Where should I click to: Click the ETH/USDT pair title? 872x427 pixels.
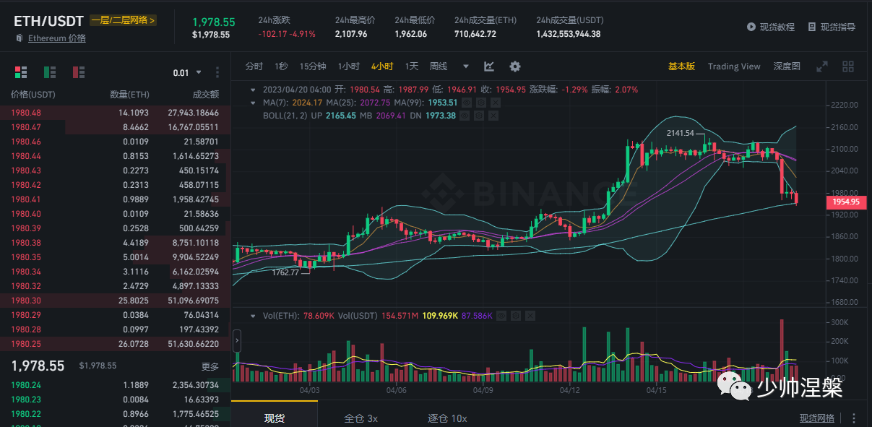point(49,21)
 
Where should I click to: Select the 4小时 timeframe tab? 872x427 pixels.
point(382,66)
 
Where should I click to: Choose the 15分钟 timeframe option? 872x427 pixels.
point(313,66)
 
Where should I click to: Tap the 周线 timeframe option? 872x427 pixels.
point(439,66)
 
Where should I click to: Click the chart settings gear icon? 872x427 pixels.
point(515,66)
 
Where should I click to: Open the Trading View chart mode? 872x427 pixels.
point(734,66)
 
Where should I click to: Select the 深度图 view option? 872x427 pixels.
point(787,66)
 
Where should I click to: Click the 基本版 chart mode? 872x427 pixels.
point(681,66)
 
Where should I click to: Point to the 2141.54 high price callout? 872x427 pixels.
point(680,133)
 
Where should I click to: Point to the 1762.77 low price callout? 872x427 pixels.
point(285,272)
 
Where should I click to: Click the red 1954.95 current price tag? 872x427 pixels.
point(845,202)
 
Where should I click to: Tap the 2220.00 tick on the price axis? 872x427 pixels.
point(844,105)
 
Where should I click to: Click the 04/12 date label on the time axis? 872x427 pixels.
point(570,390)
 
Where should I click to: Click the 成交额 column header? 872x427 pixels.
point(205,95)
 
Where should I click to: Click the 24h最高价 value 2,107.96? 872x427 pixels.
point(351,34)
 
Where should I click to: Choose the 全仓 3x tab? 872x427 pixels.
point(361,418)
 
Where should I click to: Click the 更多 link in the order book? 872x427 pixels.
point(210,366)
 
